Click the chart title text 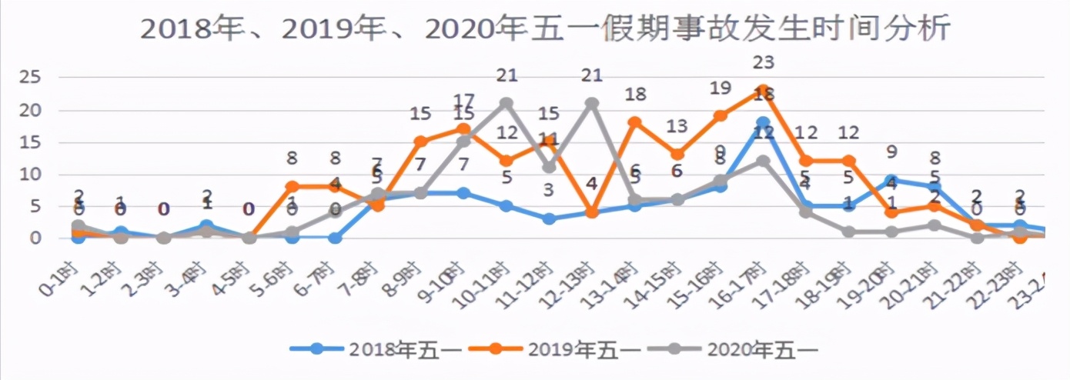(546, 30)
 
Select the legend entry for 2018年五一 (377, 348)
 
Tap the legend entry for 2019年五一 (555, 348)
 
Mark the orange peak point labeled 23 (763, 91)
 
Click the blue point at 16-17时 (763, 123)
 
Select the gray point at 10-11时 (506, 103)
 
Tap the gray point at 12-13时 (592, 103)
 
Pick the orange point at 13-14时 (634, 122)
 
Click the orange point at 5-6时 (293, 186)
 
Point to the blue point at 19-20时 (891, 180)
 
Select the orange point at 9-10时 (463, 129)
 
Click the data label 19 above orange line (720, 88)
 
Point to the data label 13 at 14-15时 (677, 126)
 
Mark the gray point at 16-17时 (763, 161)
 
